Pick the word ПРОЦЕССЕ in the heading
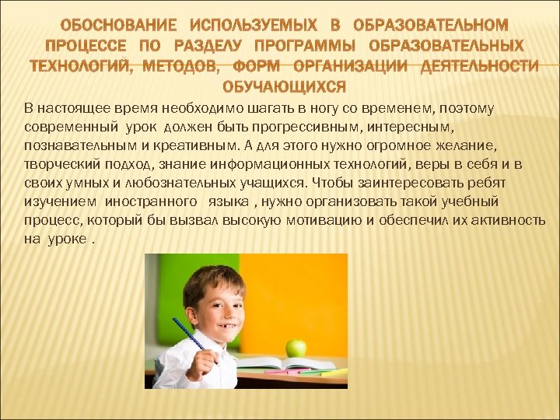(x=86, y=47)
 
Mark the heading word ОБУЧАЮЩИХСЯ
(x=284, y=85)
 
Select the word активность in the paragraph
(x=506, y=220)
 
